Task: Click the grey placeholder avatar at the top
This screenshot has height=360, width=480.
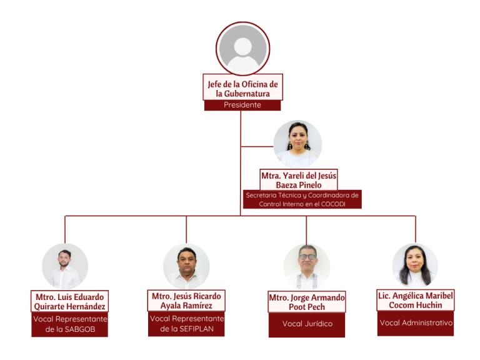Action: point(242,48)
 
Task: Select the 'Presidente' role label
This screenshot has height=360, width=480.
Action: point(242,105)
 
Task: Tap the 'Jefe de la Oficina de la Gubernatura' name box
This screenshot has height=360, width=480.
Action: point(242,87)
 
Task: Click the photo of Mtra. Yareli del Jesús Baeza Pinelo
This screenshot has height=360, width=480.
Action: point(297,144)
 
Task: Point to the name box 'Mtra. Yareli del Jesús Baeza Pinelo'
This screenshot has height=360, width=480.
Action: point(299,180)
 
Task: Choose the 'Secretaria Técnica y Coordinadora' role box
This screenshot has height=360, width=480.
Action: point(302,199)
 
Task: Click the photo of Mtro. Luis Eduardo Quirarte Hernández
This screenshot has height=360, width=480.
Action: point(65,266)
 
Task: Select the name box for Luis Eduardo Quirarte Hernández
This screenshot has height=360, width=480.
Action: point(70,301)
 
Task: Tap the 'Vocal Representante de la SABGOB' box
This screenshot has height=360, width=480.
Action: point(70,324)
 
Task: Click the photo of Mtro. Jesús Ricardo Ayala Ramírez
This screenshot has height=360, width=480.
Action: point(186,266)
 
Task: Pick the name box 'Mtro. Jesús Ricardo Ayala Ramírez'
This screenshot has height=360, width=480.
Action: point(186,301)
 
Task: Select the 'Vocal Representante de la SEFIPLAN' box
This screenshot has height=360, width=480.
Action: point(186,324)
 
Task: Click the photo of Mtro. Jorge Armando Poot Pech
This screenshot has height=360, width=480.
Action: point(307,267)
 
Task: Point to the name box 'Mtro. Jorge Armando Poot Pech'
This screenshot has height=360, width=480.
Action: point(307,302)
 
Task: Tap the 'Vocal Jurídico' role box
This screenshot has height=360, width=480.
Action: point(307,324)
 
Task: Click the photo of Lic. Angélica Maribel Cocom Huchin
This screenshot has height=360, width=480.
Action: point(415,266)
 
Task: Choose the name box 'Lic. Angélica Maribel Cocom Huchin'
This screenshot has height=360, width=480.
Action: point(416,300)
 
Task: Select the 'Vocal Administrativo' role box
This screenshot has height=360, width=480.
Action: point(416,323)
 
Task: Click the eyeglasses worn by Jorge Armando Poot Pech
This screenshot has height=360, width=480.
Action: point(307,257)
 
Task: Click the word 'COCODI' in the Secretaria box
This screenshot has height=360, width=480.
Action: point(333,204)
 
